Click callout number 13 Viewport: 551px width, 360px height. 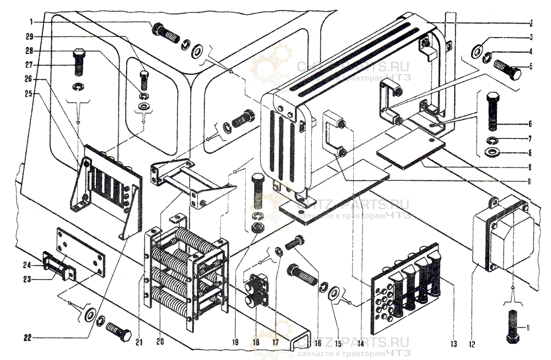pyautogui.click(x=453, y=343)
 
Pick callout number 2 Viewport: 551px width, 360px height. pyautogui.click(x=530, y=24)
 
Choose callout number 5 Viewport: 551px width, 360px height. pyautogui.click(x=530, y=67)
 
